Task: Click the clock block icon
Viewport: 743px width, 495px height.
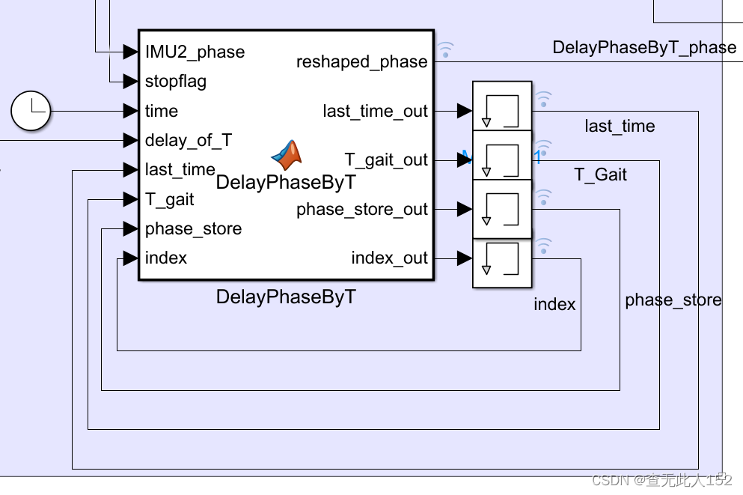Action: click(x=31, y=111)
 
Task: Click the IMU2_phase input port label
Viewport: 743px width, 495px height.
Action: click(x=195, y=52)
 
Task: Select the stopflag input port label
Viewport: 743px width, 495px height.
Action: click(x=176, y=81)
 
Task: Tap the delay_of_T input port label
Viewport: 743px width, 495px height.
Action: click(x=189, y=140)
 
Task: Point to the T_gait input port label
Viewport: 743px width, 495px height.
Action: click(x=170, y=199)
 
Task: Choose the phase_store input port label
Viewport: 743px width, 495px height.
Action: click(x=193, y=228)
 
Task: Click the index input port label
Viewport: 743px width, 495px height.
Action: click(x=166, y=258)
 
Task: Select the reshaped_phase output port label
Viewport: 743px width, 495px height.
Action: click(x=361, y=61)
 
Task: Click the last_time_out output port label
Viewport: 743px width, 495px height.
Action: click(x=375, y=111)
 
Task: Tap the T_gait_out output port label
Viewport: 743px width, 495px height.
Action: click(x=385, y=160)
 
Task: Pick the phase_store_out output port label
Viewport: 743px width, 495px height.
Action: click(x=361, y=209)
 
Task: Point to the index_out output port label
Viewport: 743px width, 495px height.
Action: click(x=389, y=258)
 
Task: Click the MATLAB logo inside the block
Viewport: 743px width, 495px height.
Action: click(x=287, y=154)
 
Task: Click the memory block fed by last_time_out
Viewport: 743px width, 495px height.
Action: click(x=502, y=106)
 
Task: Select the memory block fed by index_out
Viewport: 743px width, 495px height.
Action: click(x=502, y=262)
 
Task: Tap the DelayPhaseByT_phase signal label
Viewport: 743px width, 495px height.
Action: click(x=643, y=47)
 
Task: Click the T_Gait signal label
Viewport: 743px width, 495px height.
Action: click(x=600, y=174)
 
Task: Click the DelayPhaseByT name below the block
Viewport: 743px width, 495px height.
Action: click(x=286, y=297)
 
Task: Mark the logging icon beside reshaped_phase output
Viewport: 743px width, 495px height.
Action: click(x=445, y=50)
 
